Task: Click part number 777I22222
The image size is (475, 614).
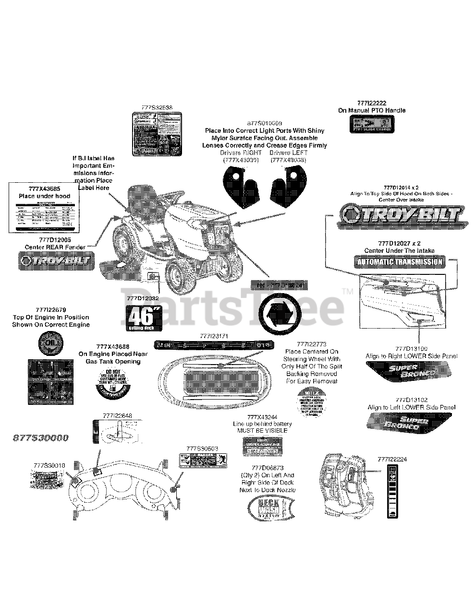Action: pos(372,103)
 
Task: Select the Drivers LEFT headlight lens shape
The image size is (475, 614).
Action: pos(287,185)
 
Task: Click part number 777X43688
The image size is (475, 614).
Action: pos(113,346)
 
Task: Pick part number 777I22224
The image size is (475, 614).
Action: pos(392,459)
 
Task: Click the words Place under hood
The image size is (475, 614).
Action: pos(44,196)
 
